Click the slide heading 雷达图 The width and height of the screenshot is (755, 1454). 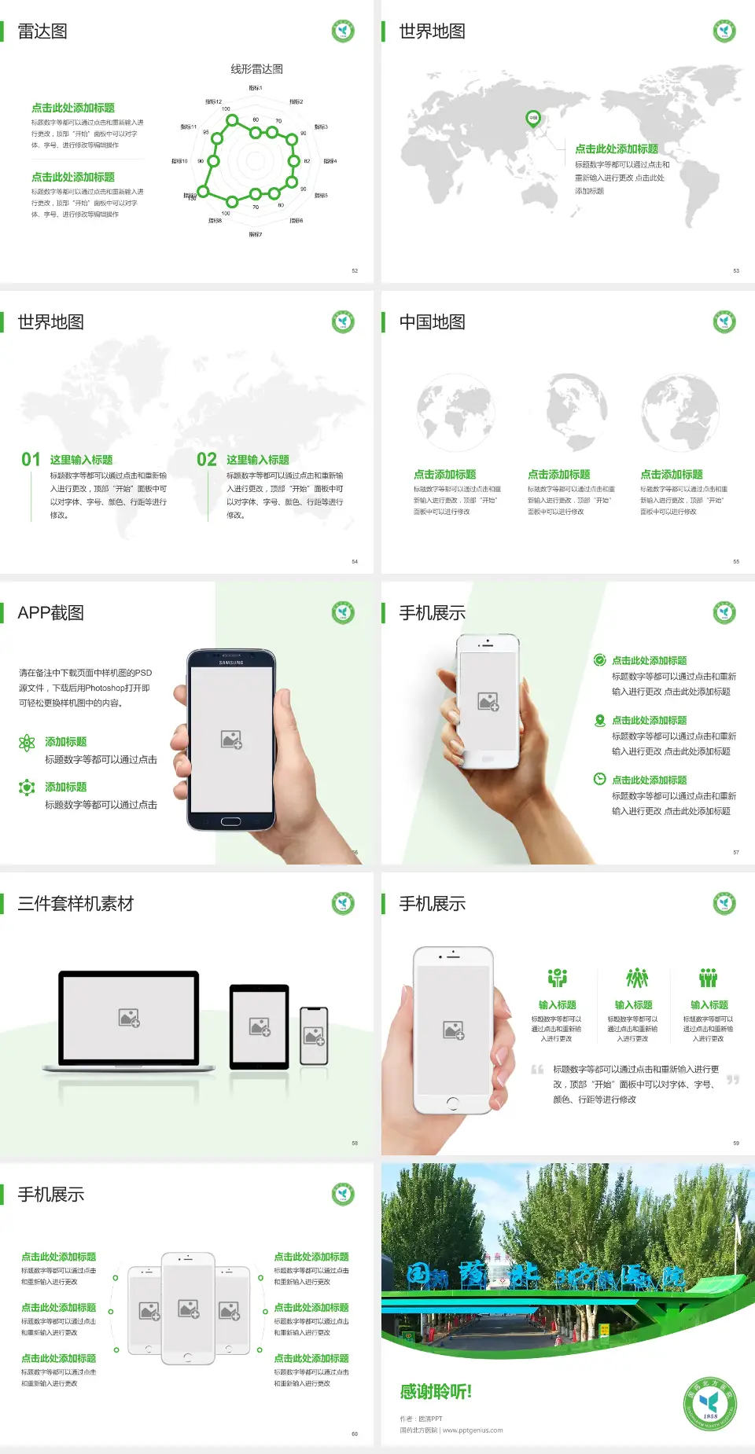point(42,31)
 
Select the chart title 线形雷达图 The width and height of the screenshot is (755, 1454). point(256,69)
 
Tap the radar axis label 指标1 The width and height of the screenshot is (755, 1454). point(256,88)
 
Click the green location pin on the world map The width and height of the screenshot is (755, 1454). point(532,119)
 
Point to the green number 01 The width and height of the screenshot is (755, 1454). point(31,460)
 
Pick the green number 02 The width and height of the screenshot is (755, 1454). point(207,460)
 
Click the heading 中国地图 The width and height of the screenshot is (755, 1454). point(432,322)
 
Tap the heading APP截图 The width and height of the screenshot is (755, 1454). point(50,613)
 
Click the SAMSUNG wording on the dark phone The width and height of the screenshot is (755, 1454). point(231,663)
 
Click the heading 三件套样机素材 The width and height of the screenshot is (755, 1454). point(75,904)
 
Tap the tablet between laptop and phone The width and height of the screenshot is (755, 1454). point(260,1026)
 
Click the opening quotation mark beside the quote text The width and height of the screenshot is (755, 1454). point(537,1070)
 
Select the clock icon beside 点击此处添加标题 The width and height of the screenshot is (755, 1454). point(599,779)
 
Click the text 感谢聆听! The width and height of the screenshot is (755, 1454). point(436,1392)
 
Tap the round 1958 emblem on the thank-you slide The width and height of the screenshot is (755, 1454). point(709,1404)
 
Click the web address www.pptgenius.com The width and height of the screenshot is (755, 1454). point(473,1430)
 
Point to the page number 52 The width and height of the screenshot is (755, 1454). point(355,270)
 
